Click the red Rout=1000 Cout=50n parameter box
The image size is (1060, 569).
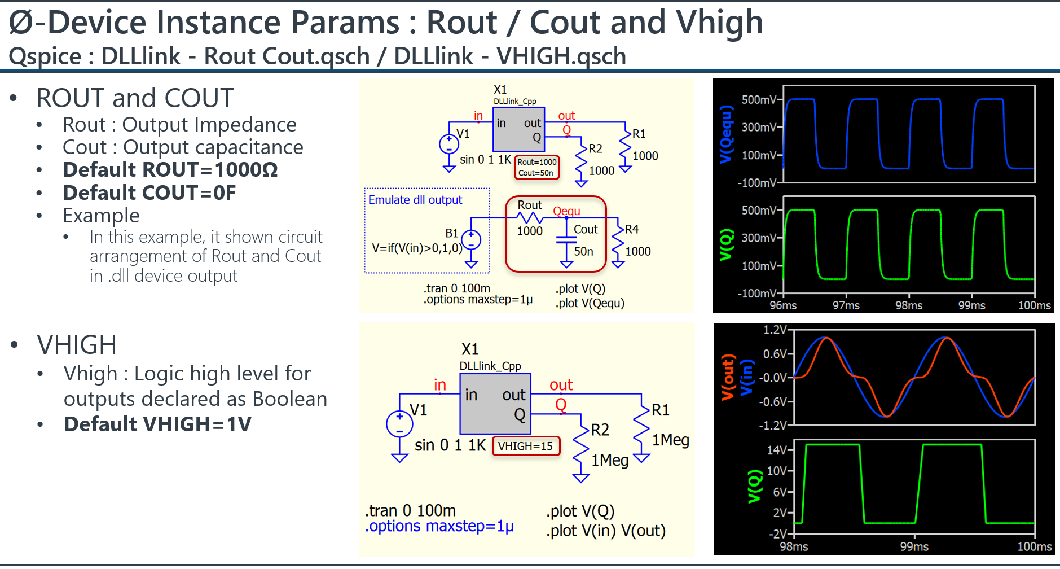pyautogui.click(x=536, y=167)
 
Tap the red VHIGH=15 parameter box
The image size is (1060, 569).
pyautogui.click(x=526, y=446)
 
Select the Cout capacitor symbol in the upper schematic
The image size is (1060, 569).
pyautogui.click(x=566, y=239)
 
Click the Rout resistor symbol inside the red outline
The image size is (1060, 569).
pyautogui.click(x=530, y=218)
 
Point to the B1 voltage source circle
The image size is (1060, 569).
pyautogui.click(x=471, y=240)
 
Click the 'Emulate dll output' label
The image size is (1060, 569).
pyautogui.click(x=415, y=200)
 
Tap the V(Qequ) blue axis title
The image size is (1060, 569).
pyautogui.click(x=726, y=134)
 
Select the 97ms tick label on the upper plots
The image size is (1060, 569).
pyautogui.click(x=846, y=305)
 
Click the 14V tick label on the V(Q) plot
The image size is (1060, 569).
pyautogui.click(x=776, y=450)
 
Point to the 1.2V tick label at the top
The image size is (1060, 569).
pyautogui.click(x=775, y=330)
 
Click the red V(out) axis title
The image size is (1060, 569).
pyautogui.click(x=728, y=377)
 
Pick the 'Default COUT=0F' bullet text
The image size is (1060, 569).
pyautogui.click(x=149, y=193)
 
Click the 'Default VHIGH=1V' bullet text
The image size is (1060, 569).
pyautogui.click(x=157, y=424)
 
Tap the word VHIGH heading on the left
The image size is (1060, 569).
pyautogui.click(x=77, y=345)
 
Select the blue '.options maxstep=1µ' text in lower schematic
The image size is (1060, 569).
pyautogui.click(x=439, y=526)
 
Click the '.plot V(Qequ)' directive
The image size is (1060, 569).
pyautogui.click(x=590, y=303)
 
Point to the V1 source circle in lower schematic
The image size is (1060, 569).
pyautogui.click(x=399, y=424)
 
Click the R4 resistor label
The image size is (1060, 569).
pyautogui.click(x=632, y=229)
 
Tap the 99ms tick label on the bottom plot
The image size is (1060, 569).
pyautogui.click(x=914, y=546)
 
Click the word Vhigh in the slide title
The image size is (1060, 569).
pyautogui.click(x=719, y=23)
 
